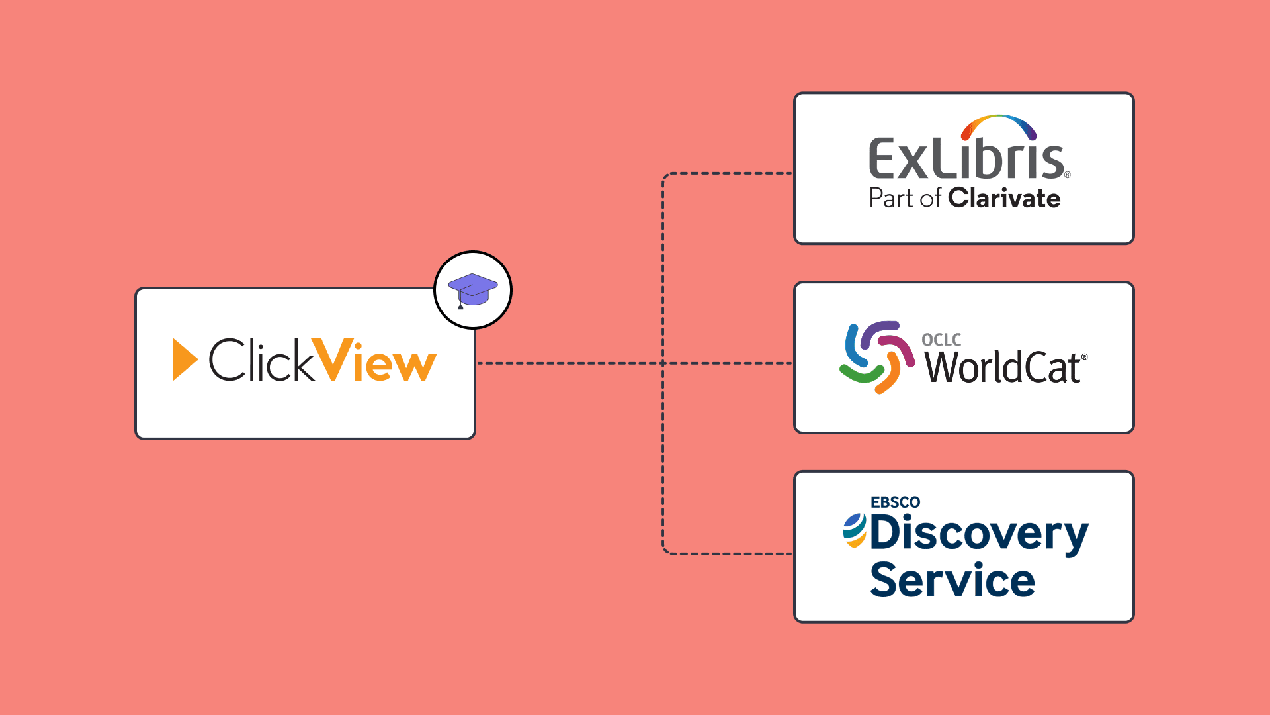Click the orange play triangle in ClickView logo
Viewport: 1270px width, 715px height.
(184, 359)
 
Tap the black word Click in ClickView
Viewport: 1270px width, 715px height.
(261, 360)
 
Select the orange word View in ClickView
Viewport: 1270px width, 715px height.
(374, 361)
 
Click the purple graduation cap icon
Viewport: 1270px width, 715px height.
(472, 289)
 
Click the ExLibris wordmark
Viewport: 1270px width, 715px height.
(966, 160)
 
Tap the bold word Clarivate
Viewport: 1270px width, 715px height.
(1004, 198)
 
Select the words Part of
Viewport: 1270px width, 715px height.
(904, 198)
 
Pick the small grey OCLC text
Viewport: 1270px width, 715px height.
(941, 340)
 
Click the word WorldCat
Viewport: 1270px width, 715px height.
(1003, 367)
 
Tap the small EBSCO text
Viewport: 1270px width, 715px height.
(895, 502)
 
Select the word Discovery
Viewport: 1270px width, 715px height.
(979, 534)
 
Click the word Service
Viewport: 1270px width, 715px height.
(952, 580)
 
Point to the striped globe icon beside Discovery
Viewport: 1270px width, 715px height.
(855, 530)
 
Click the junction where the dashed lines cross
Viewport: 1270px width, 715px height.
(663, 363)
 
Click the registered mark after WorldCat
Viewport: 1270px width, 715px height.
(1084, 357)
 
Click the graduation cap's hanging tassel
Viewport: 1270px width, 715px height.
(460, 305)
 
